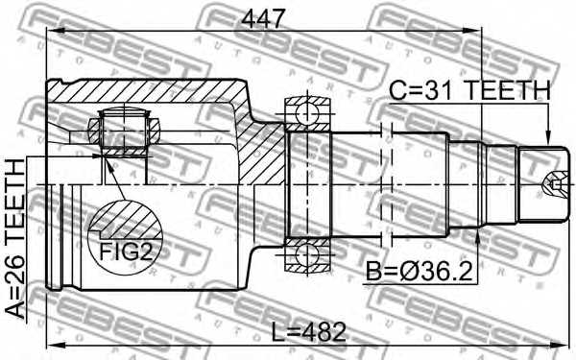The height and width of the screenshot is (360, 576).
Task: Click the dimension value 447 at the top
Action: click(x=262, y=16)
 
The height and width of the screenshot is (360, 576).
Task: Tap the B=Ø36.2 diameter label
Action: click(x=418, y=274)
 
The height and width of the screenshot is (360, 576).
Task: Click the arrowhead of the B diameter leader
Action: click(x=477, y=228)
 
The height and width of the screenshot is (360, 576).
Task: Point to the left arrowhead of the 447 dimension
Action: click(x=52, y=33)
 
